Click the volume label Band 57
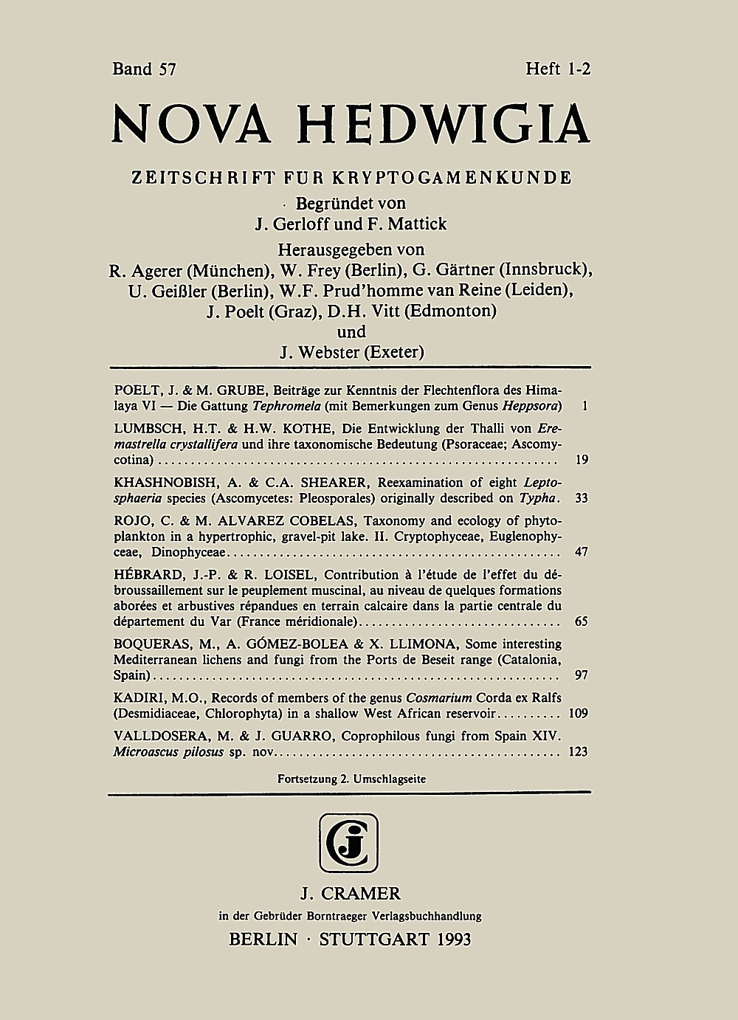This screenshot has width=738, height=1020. coord(144,69)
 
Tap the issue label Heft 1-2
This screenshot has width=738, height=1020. coord(559,69)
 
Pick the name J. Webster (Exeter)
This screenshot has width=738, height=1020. coord(351,352)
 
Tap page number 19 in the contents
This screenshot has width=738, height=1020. coord(581,460)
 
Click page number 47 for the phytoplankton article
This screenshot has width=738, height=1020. coord(581,551)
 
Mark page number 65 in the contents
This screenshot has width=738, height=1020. coord(581,621)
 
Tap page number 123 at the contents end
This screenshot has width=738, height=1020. coord(579,752)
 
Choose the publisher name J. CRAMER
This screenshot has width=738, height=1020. coord(351,894)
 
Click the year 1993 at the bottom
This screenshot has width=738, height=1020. coord(444,940)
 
